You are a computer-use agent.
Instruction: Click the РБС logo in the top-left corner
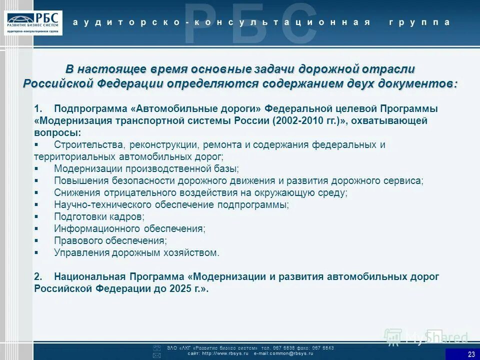34,22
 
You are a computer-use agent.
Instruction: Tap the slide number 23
471,354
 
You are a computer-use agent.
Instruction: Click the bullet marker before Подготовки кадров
36,217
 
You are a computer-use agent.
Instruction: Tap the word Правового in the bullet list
76,241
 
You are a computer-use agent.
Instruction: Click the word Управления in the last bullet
79,253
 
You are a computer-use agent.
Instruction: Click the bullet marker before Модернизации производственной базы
36,169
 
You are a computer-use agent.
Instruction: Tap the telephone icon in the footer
156,347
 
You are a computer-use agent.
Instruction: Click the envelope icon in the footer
156,355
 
